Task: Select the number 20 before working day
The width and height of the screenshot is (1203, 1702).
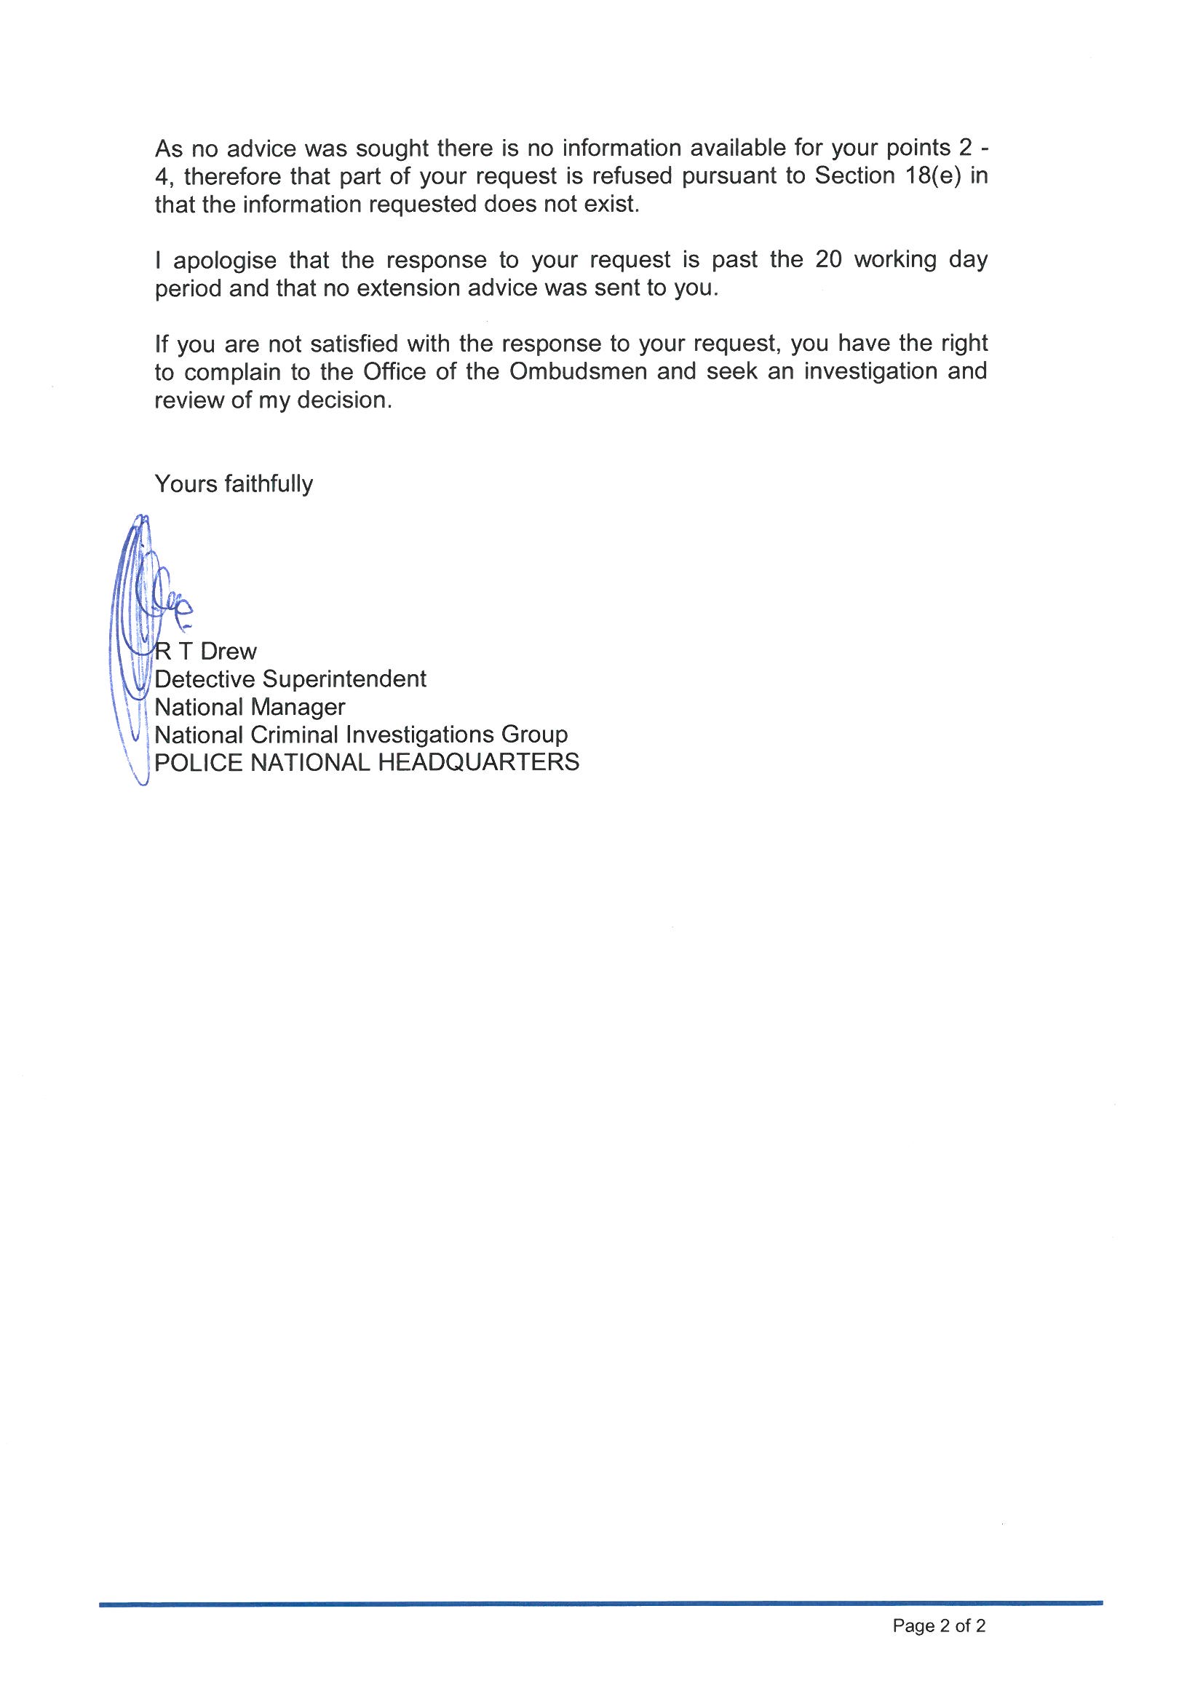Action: (x=829, y=260)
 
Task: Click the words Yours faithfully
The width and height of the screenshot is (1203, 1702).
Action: (x=234, y=484)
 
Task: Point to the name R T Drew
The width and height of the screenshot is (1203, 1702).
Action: (x=205, y=652)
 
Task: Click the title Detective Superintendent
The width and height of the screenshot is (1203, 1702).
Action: (x=290, y=679)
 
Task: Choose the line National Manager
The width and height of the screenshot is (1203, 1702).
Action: (x=250, y=707)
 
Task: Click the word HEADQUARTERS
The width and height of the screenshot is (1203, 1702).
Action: (x=478, y=762)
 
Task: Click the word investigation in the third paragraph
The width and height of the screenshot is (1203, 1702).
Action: (x=872, y=371)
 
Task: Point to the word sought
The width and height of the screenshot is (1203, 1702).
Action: (x=392, y=149)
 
